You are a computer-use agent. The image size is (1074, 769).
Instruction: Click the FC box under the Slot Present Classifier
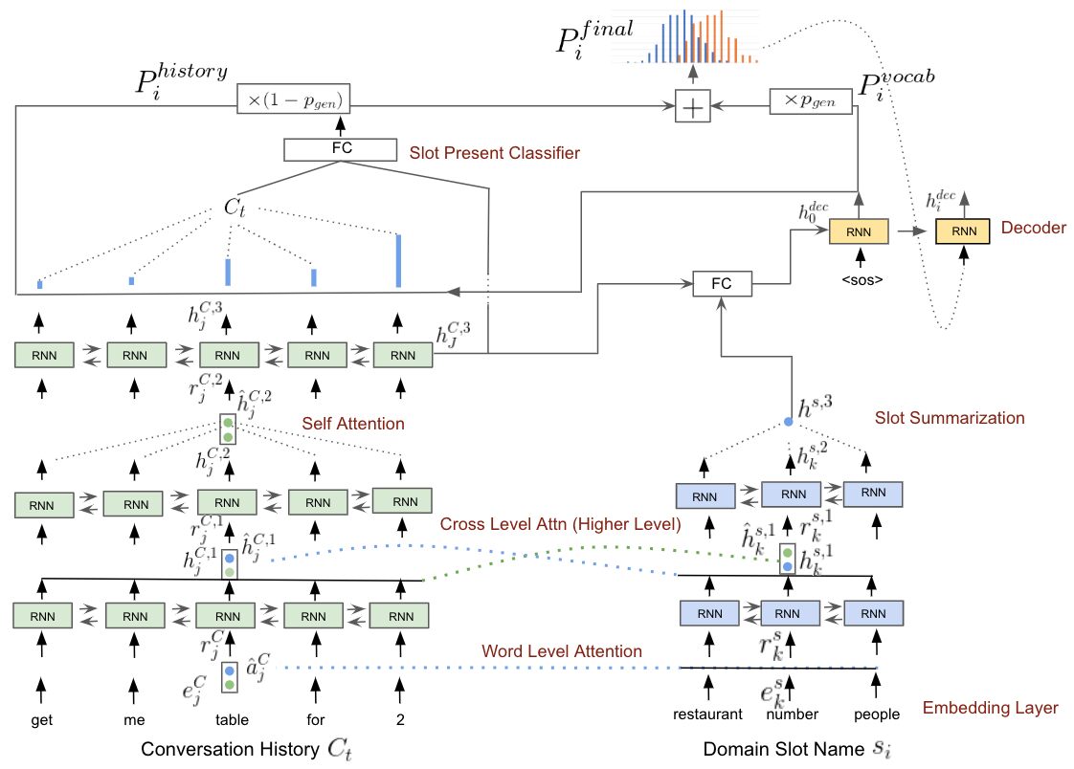coord(341,149)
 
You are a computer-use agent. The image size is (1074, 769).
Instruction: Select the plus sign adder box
coord(692,106)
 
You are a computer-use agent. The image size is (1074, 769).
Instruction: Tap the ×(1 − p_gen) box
coord(293,99)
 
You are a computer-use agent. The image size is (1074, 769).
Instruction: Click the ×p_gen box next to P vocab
coord(811,101)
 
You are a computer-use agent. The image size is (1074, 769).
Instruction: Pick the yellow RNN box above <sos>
coord(859,231)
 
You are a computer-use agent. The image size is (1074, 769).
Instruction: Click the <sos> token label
coord(861,280)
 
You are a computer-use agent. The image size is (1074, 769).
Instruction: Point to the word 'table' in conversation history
coord(232,719)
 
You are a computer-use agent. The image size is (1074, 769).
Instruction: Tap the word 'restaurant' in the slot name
coord(707,714)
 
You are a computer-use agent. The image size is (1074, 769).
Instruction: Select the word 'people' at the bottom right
coord(877,714)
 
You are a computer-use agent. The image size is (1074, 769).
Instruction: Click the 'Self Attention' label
coord(353,424)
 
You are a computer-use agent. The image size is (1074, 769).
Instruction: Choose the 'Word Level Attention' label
coord(562,651)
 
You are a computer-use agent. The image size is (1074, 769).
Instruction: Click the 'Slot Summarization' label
coord(950,418)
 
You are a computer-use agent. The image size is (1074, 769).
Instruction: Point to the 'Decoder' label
coord(1034,228)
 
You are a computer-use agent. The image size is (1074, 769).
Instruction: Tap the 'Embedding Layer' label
coord(990,708)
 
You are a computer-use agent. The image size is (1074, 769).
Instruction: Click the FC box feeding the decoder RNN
coord(722,284)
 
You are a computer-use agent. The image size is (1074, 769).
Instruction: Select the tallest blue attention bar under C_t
coord(398,261)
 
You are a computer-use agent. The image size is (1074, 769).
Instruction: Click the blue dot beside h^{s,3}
coord(789,422)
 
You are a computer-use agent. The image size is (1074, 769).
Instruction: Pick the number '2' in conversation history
coord(400,719)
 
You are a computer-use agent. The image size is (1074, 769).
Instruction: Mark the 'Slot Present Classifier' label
coord(495,153)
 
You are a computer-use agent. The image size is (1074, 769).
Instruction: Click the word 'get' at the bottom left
coord(42,720)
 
